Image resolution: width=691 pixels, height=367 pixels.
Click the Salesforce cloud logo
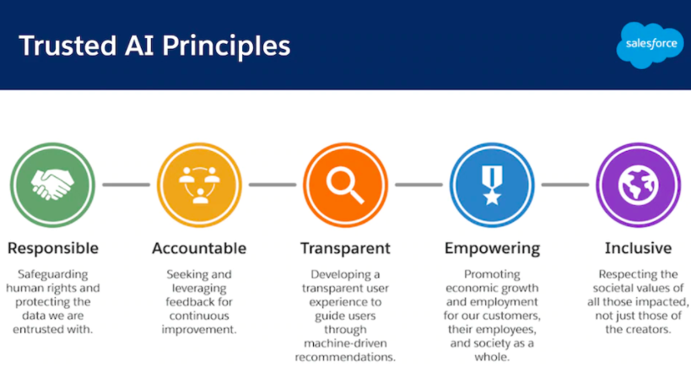[x=650, y=45]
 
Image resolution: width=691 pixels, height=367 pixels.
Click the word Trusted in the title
[x=67, y=46]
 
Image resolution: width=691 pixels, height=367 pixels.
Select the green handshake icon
[x=52, y=185]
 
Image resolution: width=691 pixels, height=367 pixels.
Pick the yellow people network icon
[x=199, y=185]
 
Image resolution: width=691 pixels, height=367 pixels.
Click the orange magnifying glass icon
[x=346, y=185]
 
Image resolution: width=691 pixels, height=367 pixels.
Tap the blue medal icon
[x=492, y=185]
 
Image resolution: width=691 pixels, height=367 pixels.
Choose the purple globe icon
[x=638, y=185]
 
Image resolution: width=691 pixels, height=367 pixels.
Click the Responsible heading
[x=53, y=249]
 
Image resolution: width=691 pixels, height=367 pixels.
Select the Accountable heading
[x=199, y=249]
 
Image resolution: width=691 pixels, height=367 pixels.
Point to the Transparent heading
[x=346, y=249]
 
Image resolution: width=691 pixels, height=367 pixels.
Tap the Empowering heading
[x=492, y=249]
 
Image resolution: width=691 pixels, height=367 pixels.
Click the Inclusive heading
[x=638, y=248]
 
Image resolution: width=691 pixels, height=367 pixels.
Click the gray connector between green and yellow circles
[x=126, y=185]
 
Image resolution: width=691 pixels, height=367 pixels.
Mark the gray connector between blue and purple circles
[x=565, y=185]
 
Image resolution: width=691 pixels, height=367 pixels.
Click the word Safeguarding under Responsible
[x=53, y=275]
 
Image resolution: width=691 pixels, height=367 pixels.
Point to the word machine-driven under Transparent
[x=346, y=343]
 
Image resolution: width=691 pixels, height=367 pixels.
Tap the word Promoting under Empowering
[x=492, y=275]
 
